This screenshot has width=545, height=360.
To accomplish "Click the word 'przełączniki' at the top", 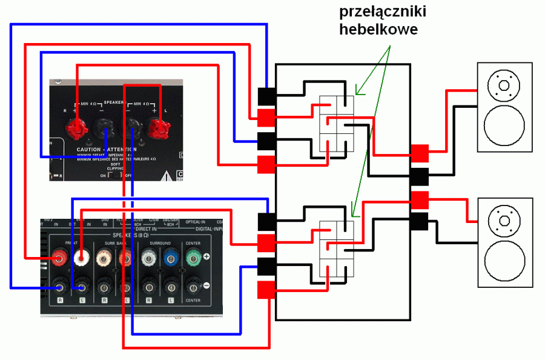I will [378, 12].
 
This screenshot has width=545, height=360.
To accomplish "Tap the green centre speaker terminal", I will [193, 257].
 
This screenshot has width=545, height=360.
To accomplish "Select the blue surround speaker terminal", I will [171, 258].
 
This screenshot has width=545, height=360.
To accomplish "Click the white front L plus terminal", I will [80, 258].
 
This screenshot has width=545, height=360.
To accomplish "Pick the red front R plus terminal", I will [59, 258].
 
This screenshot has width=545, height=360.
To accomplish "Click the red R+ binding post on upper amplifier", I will [76, 128].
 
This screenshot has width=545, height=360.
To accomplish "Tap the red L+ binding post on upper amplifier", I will [159, 128].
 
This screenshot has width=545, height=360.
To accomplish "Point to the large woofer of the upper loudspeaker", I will [504, 126].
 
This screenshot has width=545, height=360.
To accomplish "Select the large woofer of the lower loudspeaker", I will [504, 262].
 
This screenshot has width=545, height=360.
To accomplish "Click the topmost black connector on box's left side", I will [267, 96].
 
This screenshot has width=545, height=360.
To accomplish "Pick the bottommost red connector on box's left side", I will [267, 290].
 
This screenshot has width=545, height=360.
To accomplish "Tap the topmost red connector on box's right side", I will [420, 153].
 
